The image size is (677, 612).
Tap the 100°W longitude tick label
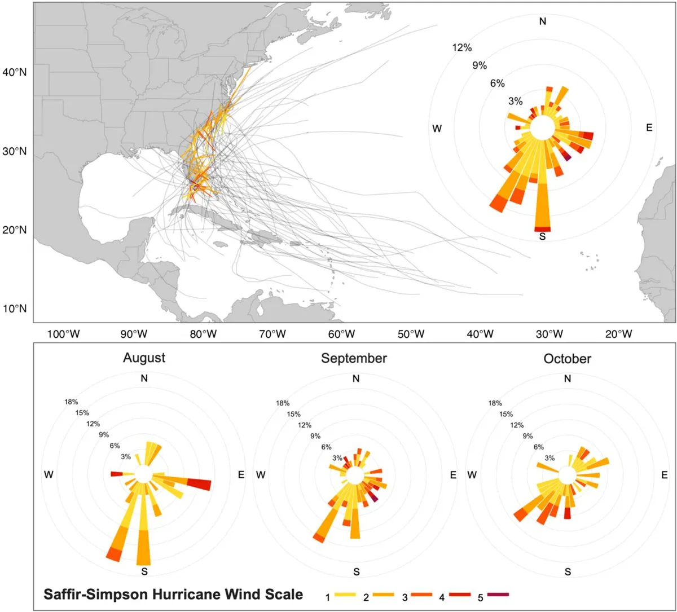coord(63,334)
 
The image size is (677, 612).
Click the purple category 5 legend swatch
coord(498,594)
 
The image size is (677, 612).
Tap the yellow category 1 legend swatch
coord(348,594)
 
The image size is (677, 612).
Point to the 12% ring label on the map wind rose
coord(461,48)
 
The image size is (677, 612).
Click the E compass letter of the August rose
coord(241,475)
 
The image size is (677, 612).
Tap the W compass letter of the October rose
coord(473,475)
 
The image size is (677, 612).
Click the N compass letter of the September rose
coord(355,378)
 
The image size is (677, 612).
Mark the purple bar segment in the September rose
coord(373,497)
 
